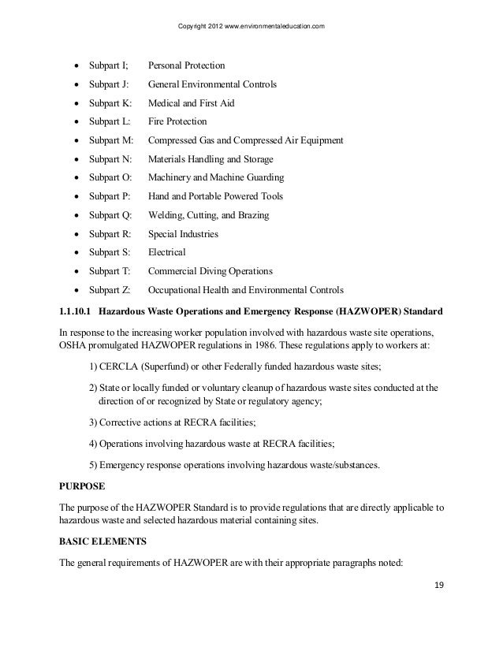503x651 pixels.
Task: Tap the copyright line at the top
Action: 251,29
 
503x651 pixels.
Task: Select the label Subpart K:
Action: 111,103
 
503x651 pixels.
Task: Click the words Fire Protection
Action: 177,122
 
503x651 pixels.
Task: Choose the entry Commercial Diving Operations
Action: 210,271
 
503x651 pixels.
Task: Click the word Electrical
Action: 166,252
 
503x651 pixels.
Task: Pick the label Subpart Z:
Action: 111,290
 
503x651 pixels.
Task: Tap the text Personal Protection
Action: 186,65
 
